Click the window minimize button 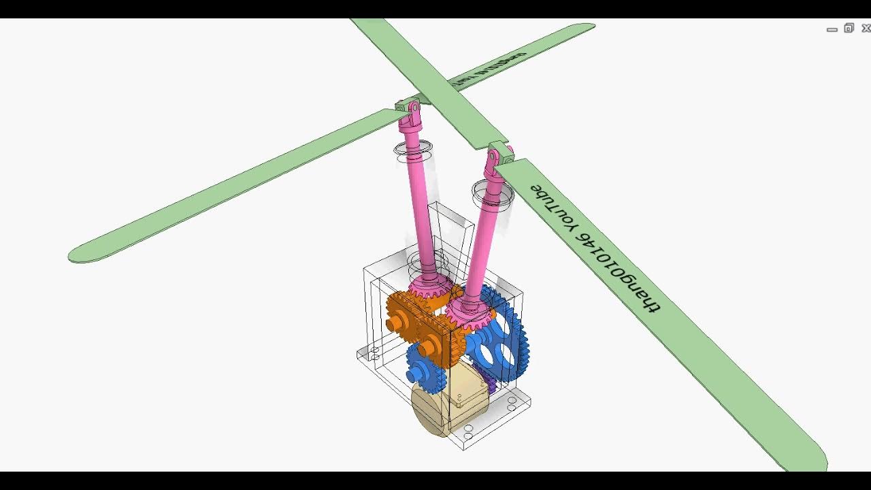tap(832, 29)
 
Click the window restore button tap(849, 29)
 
